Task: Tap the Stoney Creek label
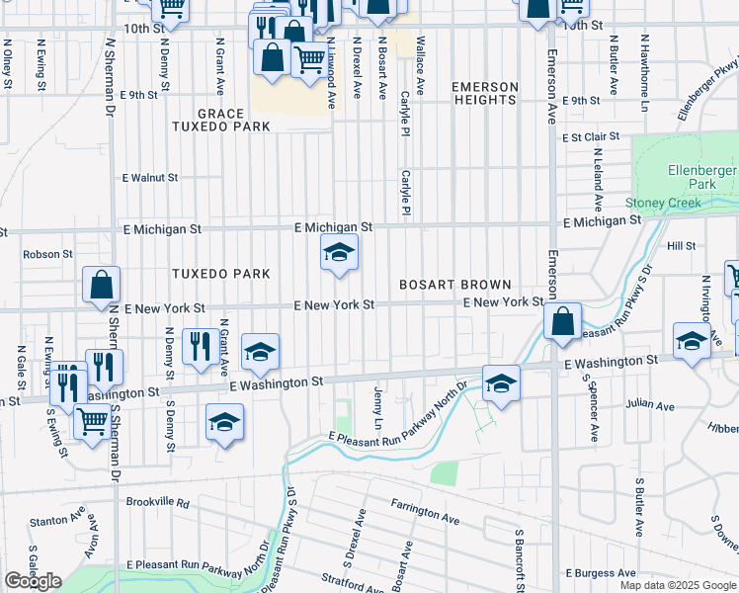pyautogui.click(x=663, y=203)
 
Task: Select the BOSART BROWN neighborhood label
pyautogui.click(x=454, y=285)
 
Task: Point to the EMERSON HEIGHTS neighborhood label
pyautogui.click(x=484, y=94)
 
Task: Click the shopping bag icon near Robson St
pyautogui.click(x=102, y=285)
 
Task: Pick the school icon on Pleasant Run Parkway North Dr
pyautogui.click(x=501, y=382)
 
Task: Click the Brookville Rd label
pyautogui.click(x=157, y=502)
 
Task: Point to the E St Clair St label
pyautogui.click(x=591, y=136)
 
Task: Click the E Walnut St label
pyautogui.click(x=149, y=178)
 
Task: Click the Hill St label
pyautogui.click(x=681, y=245)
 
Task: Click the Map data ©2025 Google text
pyautogui.click(x=677, y=585)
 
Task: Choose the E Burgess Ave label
pyautogui.click(x=600, y=573)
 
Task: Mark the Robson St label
pyautogui.click(x=48, y=254)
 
